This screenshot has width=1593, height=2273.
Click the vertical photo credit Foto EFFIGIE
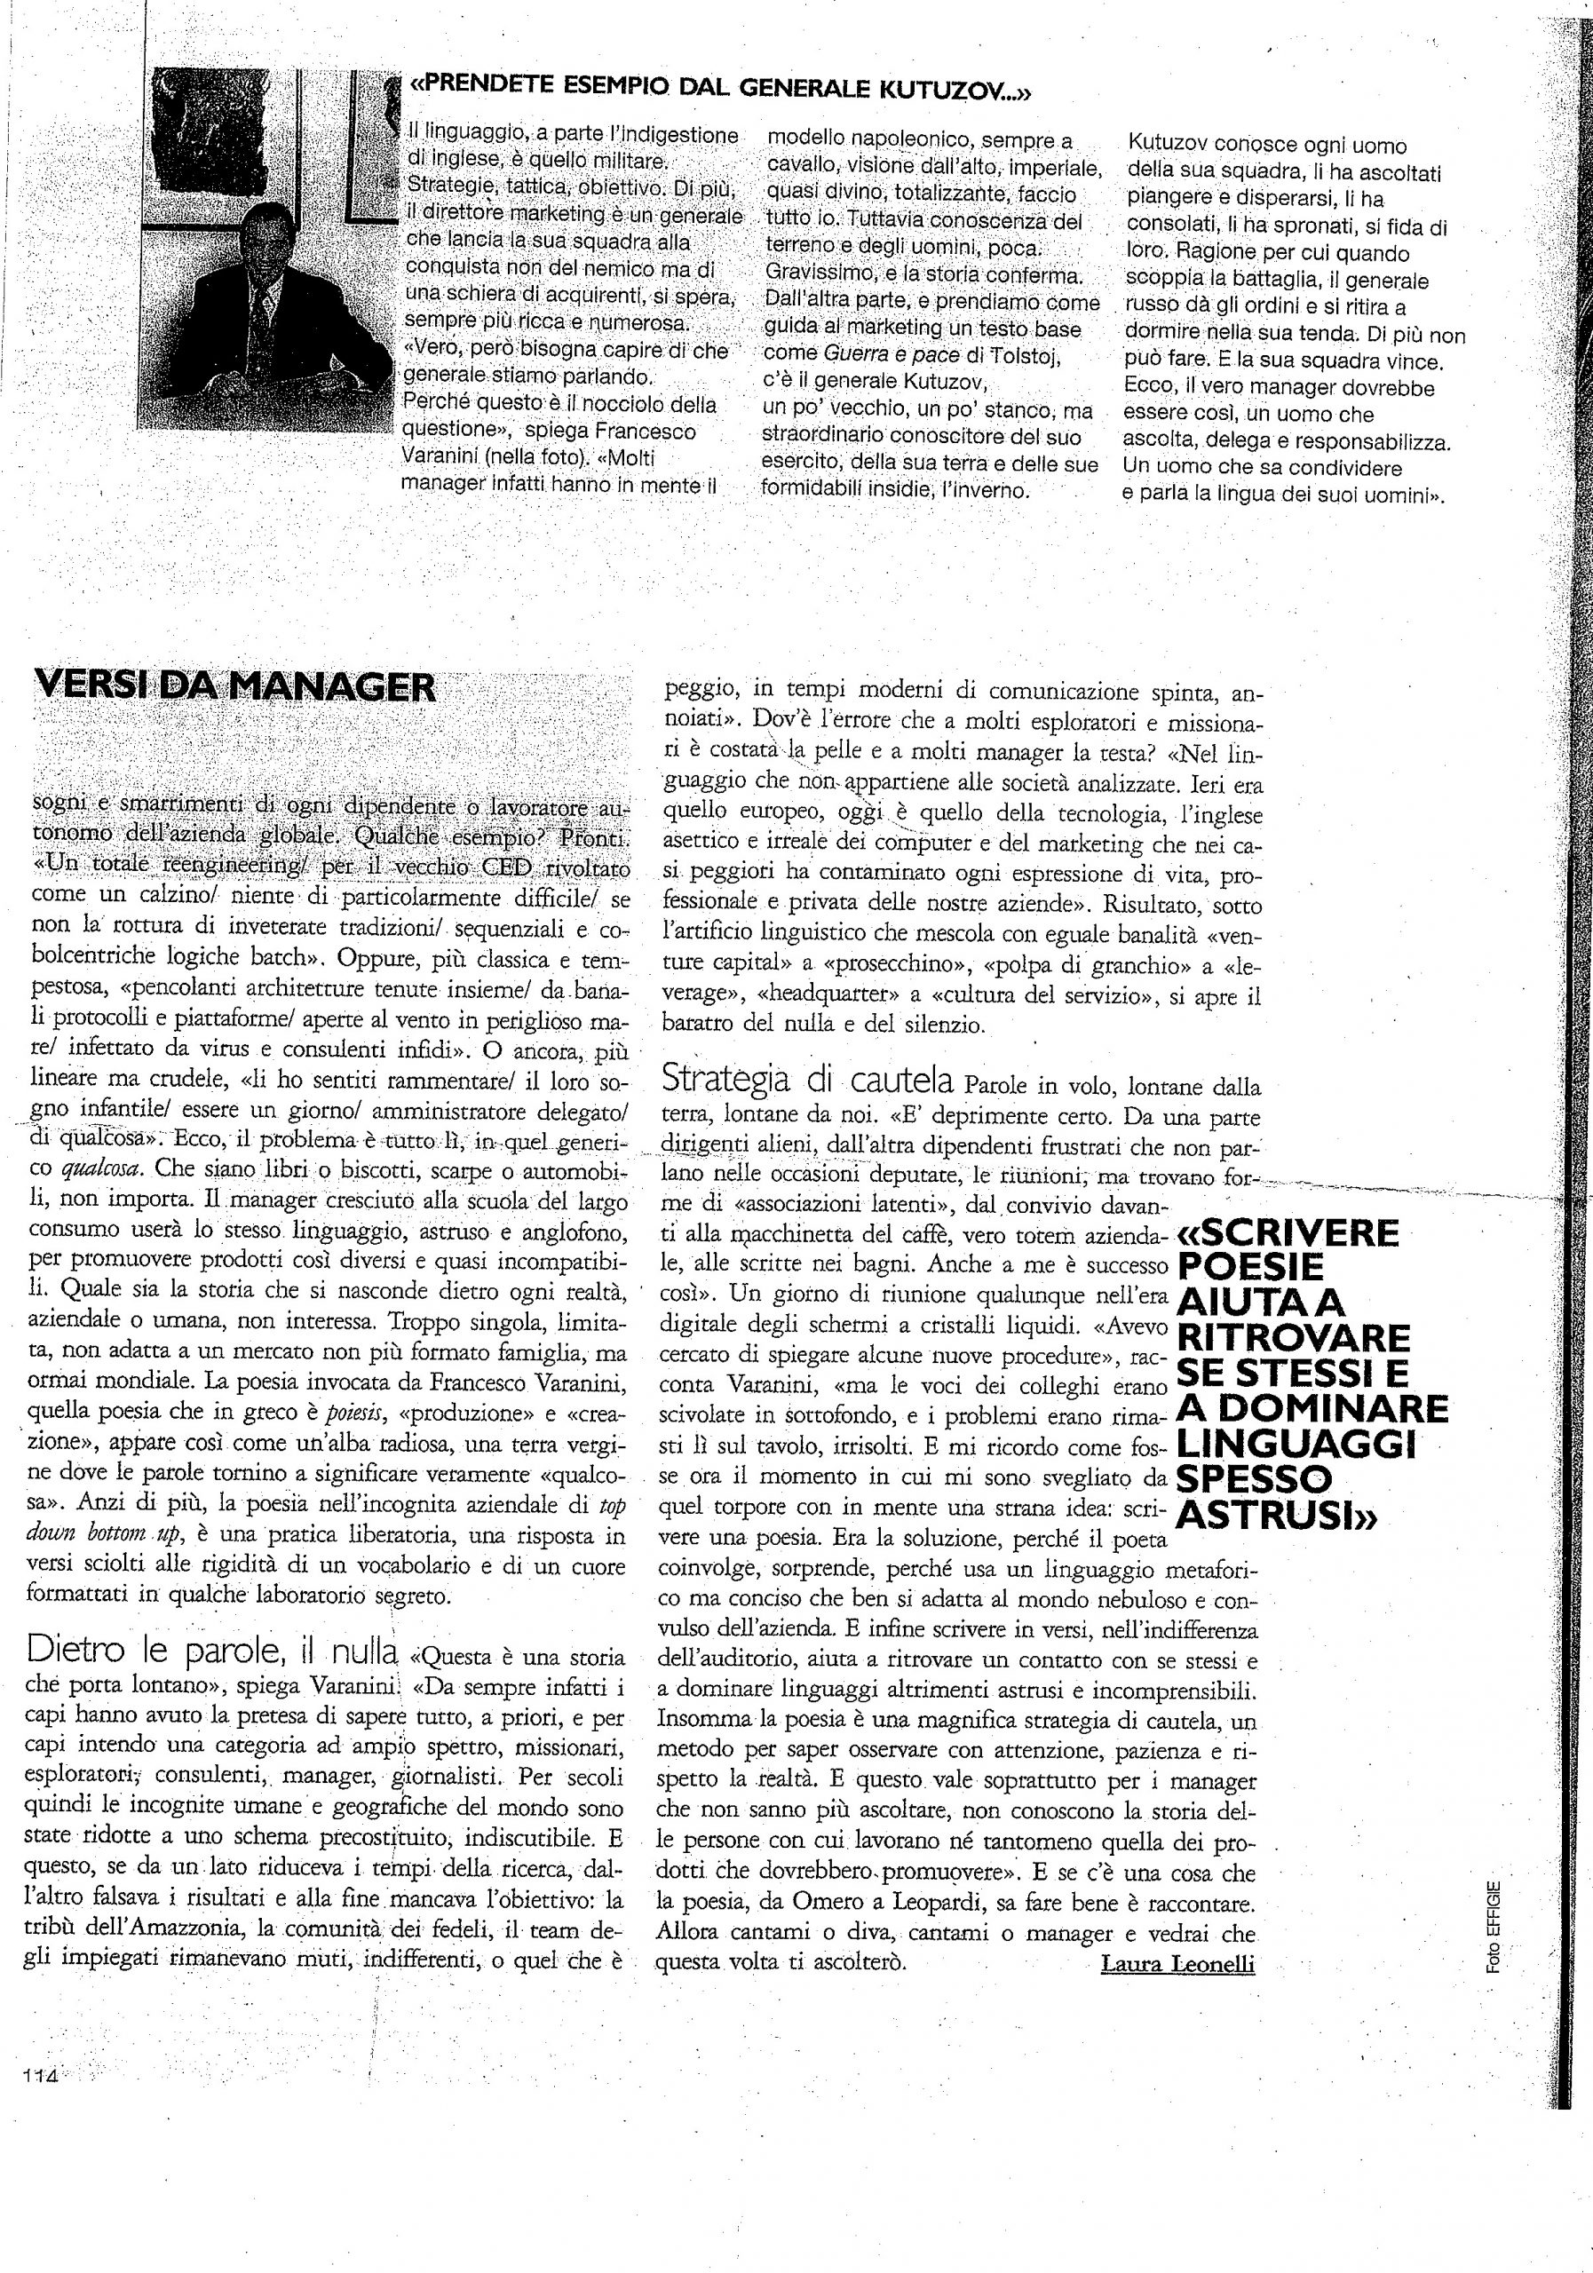1493,1927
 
